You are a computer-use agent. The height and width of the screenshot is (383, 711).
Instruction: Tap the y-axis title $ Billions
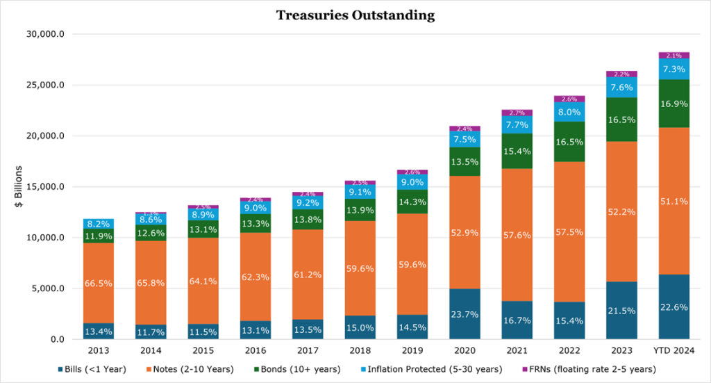coord(18,187)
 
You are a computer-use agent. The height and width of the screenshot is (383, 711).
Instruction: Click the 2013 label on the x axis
coord(99,350)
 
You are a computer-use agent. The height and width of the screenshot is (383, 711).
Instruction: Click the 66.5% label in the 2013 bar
coord(99,284)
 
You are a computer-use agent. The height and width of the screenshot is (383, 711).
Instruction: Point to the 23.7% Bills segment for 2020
coord(465,314)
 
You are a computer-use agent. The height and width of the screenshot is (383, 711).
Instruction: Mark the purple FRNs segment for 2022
coord(569,99)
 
